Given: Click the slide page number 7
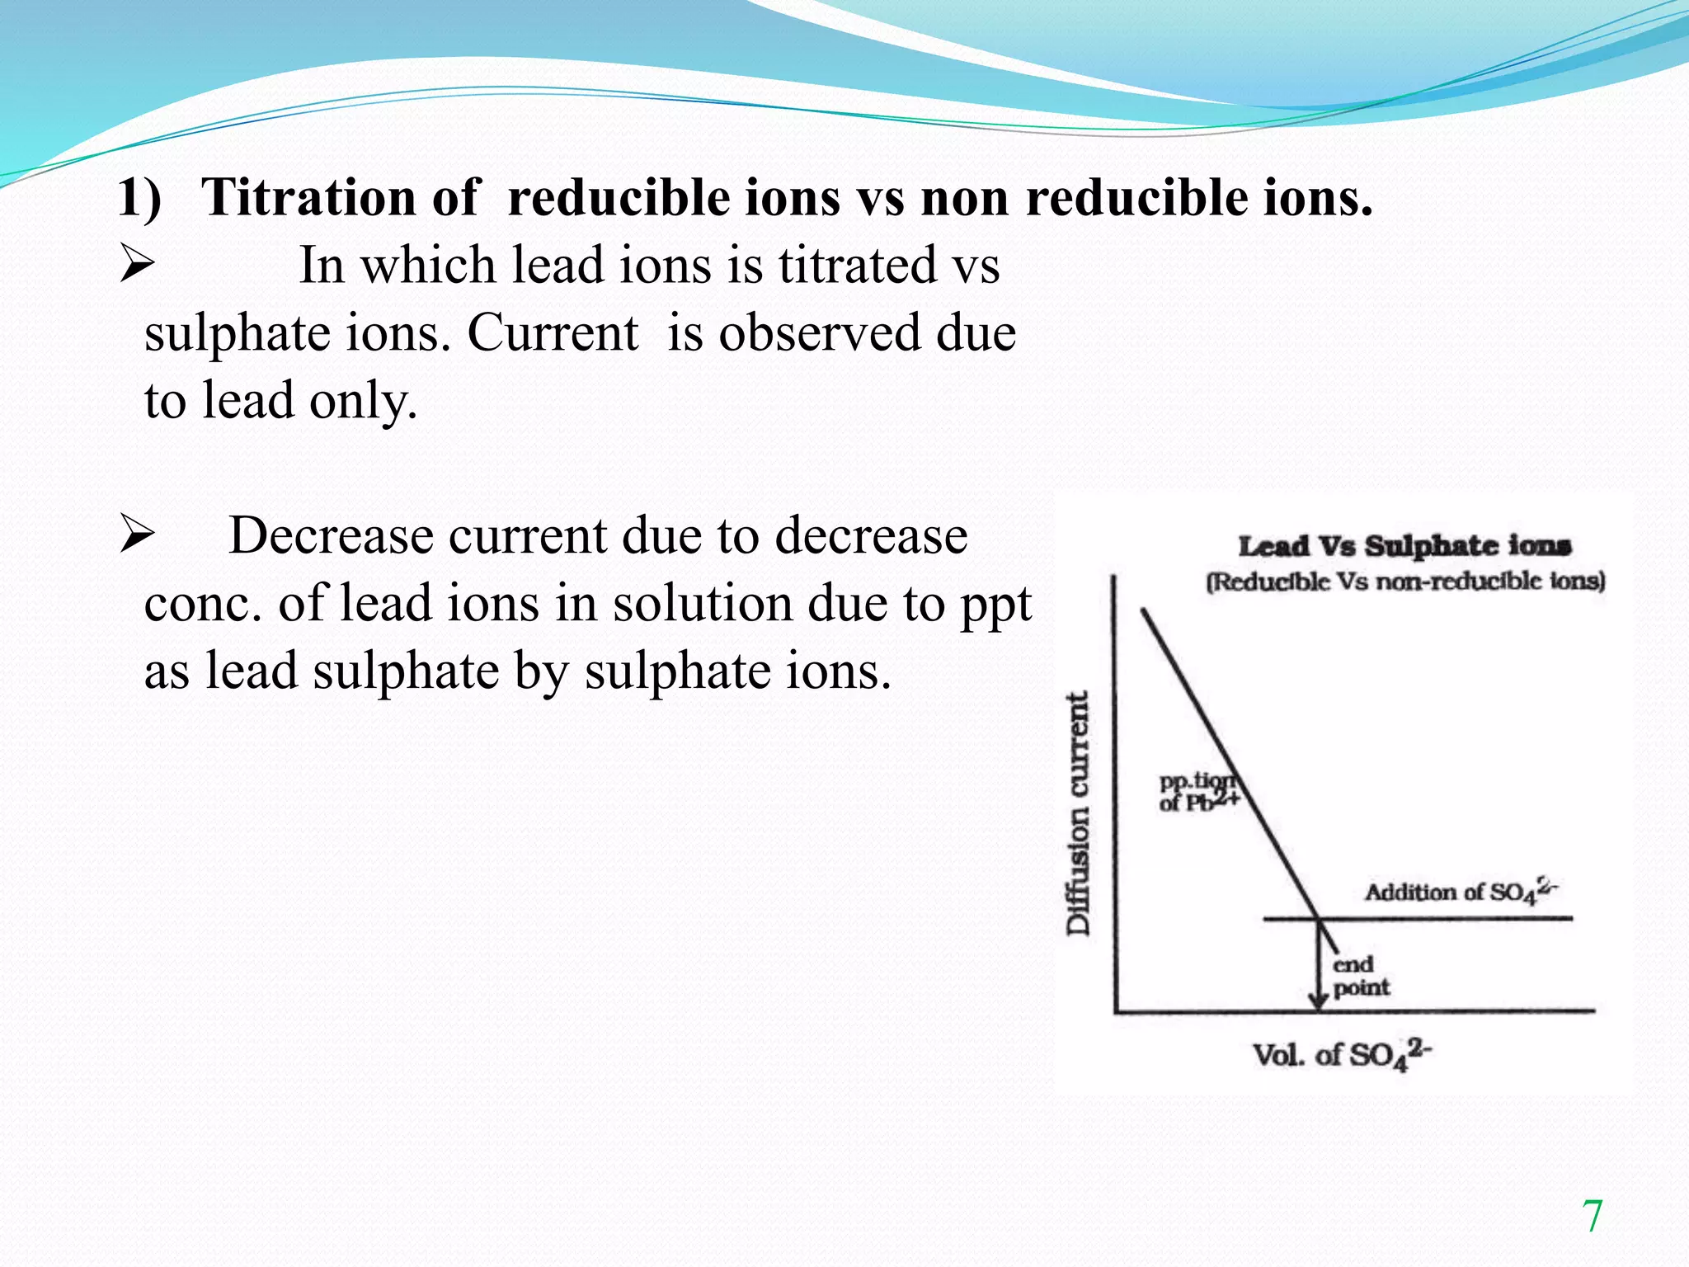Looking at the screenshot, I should (1592, 1217).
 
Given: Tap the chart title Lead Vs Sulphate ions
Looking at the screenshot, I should (1404, 545).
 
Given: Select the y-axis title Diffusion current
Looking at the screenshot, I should (1078, 812).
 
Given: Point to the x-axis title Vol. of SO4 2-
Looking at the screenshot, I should (1342, 1055).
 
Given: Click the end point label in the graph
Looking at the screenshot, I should (1360, 976).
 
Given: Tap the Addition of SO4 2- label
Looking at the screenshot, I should (1460, 892).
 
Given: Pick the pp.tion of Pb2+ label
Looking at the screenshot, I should (1197, 792).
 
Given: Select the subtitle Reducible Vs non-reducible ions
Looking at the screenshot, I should (1405, 582).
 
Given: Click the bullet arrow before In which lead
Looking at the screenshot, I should (137, 266).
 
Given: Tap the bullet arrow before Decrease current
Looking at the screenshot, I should (137, 535).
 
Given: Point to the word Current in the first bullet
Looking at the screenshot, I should (553, 334).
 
